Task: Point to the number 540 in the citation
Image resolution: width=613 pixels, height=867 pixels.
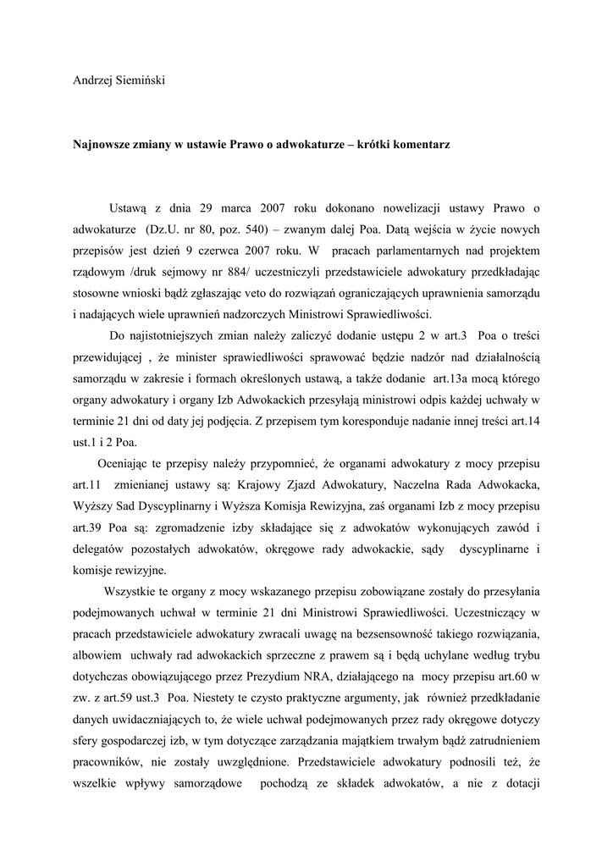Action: click(x=255, y=229)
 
